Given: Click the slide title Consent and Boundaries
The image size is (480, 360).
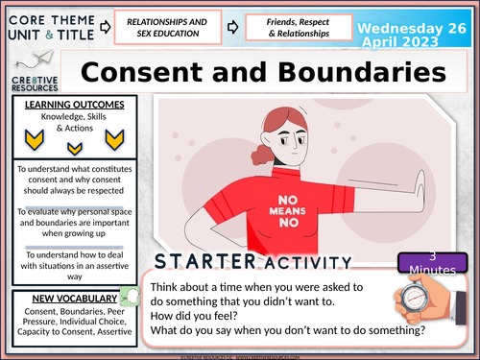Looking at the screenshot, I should [x=263, y=72].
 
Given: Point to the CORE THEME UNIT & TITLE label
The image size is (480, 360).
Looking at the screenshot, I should [x=48, y=25].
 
